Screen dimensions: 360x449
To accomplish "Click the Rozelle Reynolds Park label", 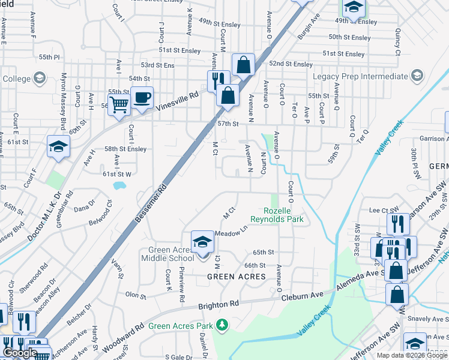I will (284, 215).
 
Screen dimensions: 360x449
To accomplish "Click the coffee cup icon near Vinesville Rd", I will (142, 98).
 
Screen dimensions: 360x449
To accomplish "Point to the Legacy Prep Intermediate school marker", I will (417, 76).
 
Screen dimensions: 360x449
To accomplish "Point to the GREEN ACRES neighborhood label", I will (237, 277).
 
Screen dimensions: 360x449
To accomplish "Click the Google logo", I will (20, 353).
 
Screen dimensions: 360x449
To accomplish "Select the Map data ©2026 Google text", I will (411, 355).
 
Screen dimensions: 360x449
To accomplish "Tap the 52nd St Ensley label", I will (291, 64).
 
